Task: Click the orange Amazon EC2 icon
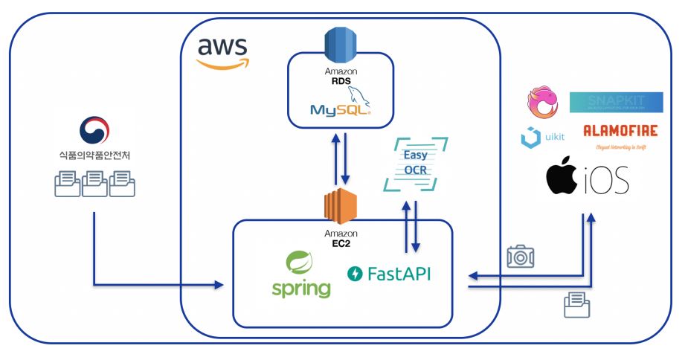[x=341, y=205]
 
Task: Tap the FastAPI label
[x=389, y=274]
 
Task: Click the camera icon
[x=521, y=256]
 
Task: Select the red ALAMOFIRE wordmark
[x=620, y=131]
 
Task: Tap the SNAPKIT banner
[x=616, y=103]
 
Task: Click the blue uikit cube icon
[x=531, y=138]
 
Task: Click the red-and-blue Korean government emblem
[x=94, y=129]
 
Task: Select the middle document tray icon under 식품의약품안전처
[x=94, y=183]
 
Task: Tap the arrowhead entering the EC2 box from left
[x=219, y=285]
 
